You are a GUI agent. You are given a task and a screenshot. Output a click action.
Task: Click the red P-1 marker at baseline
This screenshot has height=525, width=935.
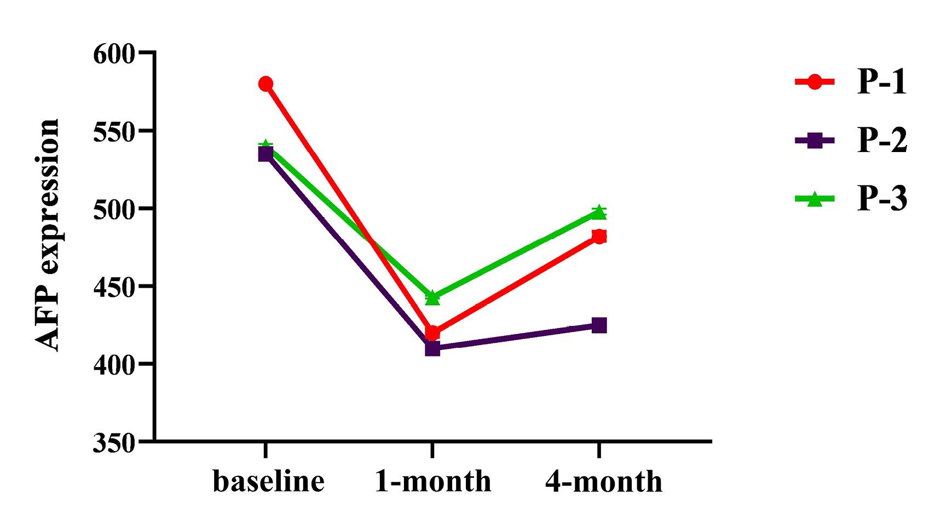tap(266, 84)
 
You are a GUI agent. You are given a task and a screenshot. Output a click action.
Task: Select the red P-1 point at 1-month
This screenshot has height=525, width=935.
tap(432, 332)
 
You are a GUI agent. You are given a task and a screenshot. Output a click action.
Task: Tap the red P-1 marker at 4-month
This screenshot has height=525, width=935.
tap(599, 236)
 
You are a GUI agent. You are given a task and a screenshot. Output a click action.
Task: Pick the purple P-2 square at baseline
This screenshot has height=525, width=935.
tap(266, 154)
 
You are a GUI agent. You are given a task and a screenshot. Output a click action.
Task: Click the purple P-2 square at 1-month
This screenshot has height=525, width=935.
tap(432, 348)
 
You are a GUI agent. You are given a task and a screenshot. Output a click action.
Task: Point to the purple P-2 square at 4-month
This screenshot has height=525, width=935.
tap(599, 326)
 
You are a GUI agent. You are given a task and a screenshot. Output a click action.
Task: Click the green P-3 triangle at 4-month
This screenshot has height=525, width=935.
tap(599, 212)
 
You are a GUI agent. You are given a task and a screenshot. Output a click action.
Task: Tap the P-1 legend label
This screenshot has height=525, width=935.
tap(882, 83)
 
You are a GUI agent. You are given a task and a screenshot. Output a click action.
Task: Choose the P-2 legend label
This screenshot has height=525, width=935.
tap(882, 141)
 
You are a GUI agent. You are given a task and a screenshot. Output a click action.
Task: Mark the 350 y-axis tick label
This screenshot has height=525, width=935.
tap(114, 442)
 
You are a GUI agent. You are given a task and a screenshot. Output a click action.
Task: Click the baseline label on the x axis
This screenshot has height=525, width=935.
tap(268, 482)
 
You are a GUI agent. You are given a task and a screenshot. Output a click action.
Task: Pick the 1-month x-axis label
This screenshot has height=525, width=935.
tap(433, 482)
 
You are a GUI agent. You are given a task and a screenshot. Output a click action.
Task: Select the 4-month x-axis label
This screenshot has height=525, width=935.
tap(603, 482)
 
